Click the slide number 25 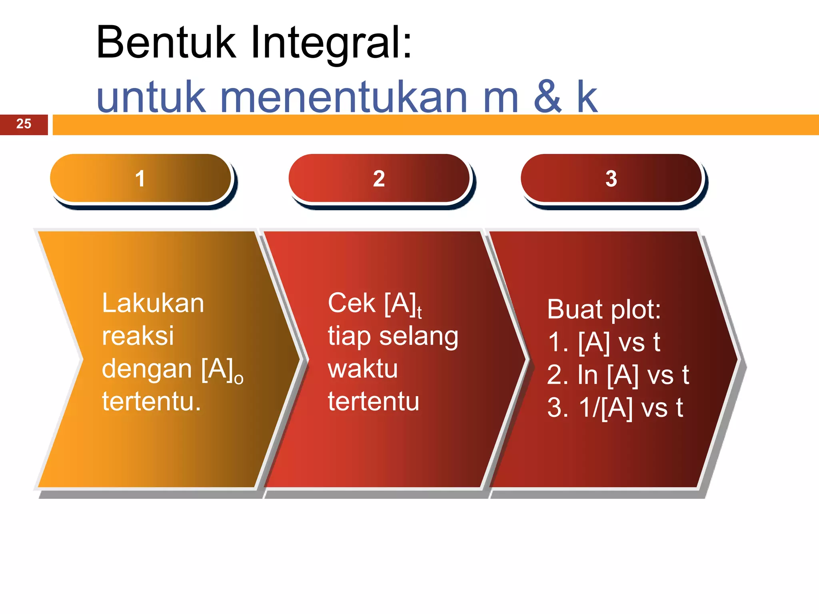[x=24, y=124]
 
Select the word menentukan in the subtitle [x=344, y=97]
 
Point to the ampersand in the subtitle [x=547, y=97]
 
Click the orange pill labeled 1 [x=140, y=178]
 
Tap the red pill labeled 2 [x=379, y=178]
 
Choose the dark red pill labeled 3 [x=611, y=178]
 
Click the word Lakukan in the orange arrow [x=153, y=303]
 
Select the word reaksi [x=138, y=336]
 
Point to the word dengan [x=147, y=369]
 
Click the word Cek [x=352, y=303]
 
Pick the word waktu [x=362, y=369]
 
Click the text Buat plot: [x=603, y=310]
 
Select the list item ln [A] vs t [x=618, y=375]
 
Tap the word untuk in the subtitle [x=151, y=97]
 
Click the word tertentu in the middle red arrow [x=374, y=401]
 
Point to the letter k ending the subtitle [x=587, y=97]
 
